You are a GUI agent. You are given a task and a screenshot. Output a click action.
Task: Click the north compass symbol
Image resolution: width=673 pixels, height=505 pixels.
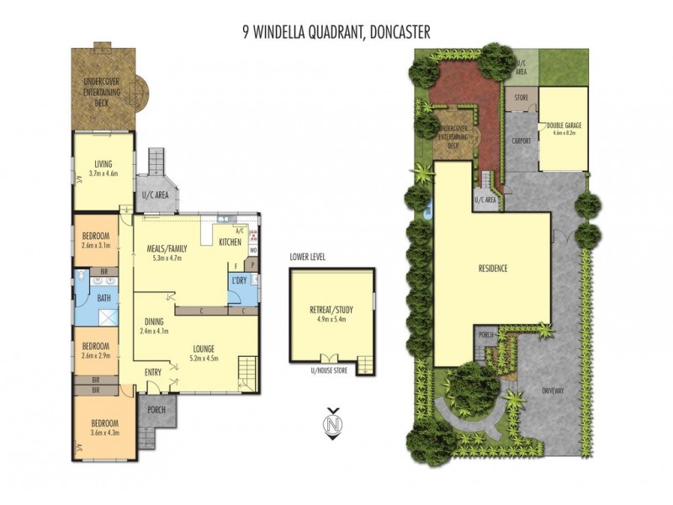[334, 425]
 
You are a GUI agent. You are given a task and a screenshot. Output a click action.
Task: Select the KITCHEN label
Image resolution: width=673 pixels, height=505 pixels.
[230, 242]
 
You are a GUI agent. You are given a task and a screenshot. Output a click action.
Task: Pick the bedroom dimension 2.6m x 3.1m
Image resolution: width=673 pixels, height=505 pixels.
[97, 246]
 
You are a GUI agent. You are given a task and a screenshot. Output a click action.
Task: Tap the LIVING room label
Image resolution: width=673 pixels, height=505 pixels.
[103, 163]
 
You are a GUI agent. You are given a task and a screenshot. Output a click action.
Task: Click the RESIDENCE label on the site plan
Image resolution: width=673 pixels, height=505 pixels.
[492, 268]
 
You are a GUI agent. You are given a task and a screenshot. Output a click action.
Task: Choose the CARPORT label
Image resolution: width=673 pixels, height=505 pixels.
[522, 141]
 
